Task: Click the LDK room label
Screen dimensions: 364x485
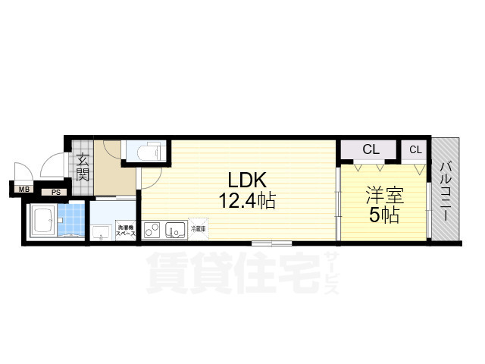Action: click(246, 180)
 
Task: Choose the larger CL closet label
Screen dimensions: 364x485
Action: click(370, 149)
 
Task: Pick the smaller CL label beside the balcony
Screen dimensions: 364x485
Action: click(415, 149)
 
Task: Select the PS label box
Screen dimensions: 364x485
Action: click(55, 193)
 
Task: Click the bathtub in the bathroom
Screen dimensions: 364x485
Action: click(42, 222)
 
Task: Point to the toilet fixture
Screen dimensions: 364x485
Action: click(145, 152)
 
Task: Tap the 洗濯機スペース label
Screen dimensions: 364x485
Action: click(126, 230)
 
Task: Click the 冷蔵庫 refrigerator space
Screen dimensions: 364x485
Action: click(199, 227)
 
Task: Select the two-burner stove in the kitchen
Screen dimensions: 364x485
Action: click(152, 228)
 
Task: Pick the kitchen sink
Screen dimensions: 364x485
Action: click(176, 228)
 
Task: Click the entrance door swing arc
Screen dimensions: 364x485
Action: click(53, 165)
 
